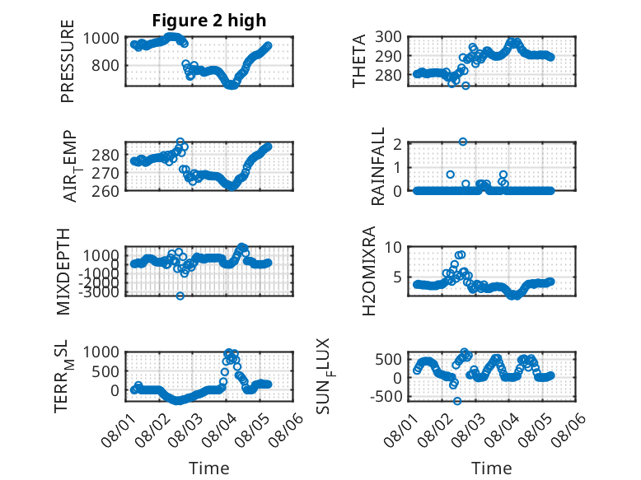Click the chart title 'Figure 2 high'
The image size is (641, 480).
click(209, 20)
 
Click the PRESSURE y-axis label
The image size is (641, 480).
click(68, 61)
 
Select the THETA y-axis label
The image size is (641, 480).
click(358, 61)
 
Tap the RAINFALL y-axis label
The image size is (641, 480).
click(377, 166)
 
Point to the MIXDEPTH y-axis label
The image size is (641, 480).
click(63, 272)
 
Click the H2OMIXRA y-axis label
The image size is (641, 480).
click(369, 271)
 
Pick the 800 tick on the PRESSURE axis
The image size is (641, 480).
click(105, 65)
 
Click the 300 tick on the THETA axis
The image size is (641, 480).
click(387, 37)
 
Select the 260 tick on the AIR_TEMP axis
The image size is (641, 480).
click(105, 191)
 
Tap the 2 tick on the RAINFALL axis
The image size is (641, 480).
click(396, 143)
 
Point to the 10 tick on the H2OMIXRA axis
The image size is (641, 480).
click(392, 247)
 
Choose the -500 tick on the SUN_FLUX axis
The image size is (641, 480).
click(386, 397)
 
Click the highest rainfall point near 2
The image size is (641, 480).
click(463, 142)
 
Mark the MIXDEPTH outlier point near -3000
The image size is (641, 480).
click(180, 296)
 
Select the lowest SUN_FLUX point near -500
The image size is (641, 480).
click(457, 401)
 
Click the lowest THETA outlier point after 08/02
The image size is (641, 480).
click(466, 86)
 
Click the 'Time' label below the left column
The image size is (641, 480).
click(209, 468)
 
